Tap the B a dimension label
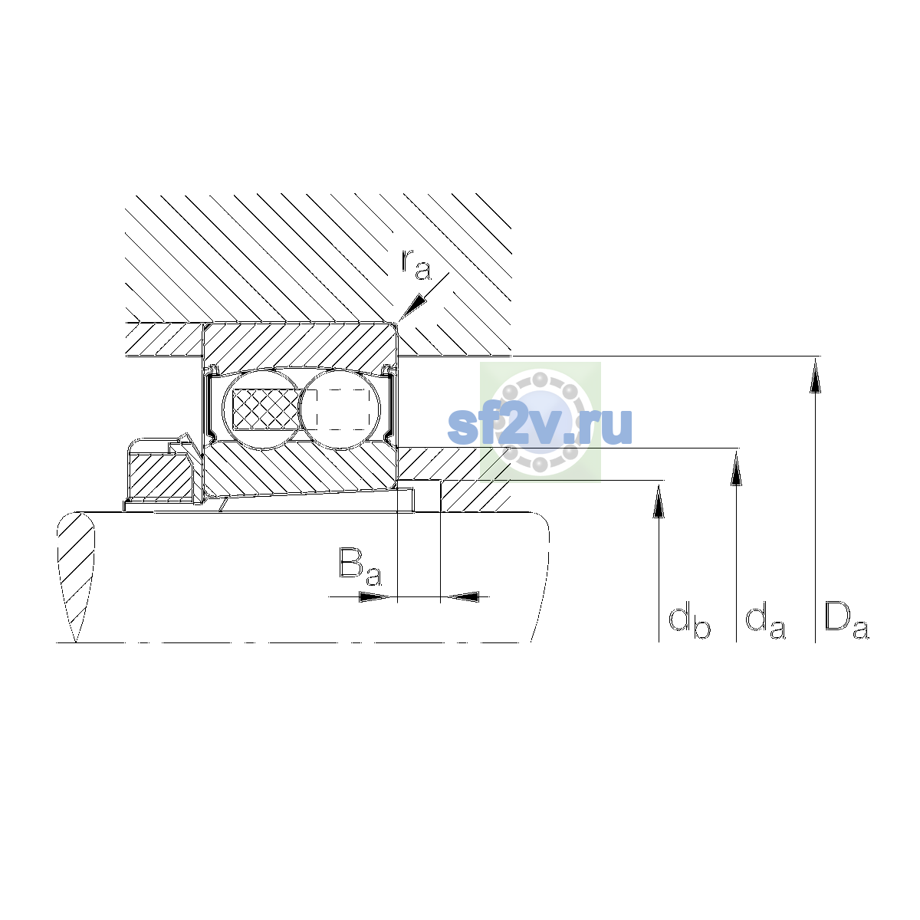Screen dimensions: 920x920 360,567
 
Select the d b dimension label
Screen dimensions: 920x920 689,622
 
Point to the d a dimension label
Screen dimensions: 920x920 765,621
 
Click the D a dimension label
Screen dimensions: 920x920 846,620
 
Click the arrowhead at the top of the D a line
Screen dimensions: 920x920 815,378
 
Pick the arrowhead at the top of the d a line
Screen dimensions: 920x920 736,468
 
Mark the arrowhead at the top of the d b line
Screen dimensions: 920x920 659,501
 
